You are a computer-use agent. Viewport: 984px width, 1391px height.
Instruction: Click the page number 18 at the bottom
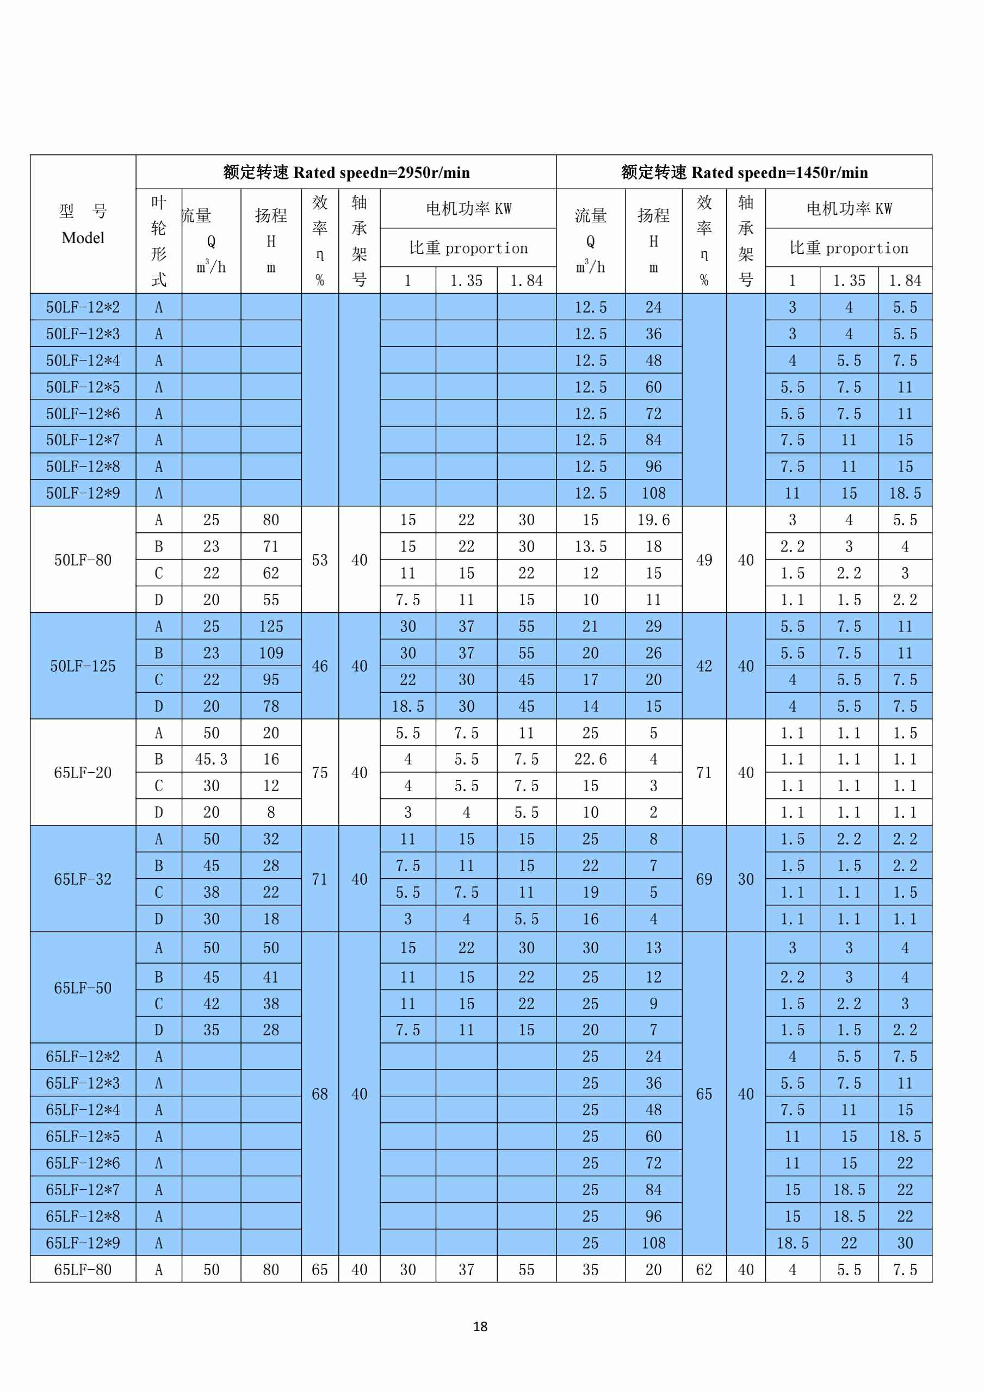coord(480,1326)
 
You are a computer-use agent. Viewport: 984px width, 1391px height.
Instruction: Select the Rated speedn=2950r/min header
coord(346,173)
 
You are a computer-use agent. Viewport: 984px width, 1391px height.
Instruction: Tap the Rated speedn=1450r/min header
coord(744,173)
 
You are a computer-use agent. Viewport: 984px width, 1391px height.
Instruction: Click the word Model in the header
coord(83,238)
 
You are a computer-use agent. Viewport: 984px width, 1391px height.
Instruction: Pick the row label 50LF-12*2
coord(83,307)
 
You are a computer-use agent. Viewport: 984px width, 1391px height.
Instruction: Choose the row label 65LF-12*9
coord(83,1243)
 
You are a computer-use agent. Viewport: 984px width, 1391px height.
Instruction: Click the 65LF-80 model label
coord(83,1269)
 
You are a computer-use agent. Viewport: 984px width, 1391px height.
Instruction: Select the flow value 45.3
coord(211,759)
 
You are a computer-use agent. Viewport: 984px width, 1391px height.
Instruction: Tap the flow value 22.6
coord(590,759)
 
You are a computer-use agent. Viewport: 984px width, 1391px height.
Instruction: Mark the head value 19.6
coord(653,520)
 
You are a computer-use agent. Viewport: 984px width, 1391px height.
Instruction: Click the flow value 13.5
coord(590,547)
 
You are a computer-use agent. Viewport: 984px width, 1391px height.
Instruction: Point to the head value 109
coord(271,653)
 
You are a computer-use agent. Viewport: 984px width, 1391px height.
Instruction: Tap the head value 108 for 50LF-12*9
coord(653,493)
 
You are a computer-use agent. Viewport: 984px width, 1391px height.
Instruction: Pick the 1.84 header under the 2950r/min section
coord(526,281)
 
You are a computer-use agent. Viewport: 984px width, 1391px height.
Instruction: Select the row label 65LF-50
coord(83,988)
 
